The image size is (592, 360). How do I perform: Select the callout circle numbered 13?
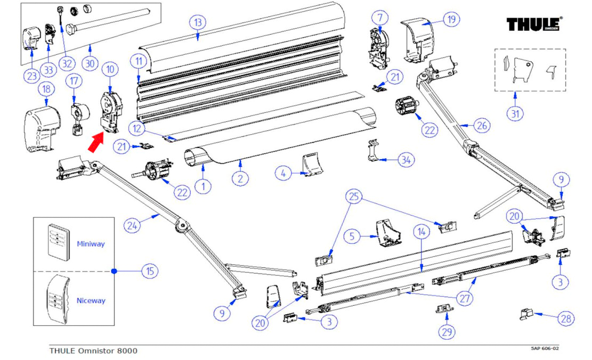pos(198,23)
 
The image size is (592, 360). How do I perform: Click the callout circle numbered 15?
pos(150,271)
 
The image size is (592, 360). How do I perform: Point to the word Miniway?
pos(91,244)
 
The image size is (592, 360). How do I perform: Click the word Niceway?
pos(91,300)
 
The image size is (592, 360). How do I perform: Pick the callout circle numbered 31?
pos(515,113)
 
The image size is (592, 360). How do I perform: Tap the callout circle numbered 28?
pos(566,318)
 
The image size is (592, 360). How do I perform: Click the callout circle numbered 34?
pos(407,159)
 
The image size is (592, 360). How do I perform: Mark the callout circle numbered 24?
pos(133,226)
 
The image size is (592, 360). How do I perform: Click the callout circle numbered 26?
pos(481,126)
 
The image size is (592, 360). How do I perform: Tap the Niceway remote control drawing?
pos(59,300)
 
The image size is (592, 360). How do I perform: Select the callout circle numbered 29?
pos(447,331)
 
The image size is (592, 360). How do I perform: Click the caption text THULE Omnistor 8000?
pos(93,350)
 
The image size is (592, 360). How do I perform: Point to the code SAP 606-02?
pos(545,349)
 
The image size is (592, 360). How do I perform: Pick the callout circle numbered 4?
pos(283,173)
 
